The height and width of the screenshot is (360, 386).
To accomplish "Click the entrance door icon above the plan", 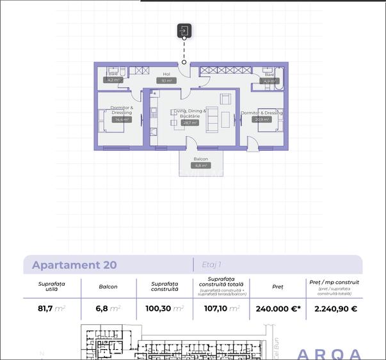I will coord(184,31).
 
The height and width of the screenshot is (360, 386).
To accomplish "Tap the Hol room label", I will coord(166,74).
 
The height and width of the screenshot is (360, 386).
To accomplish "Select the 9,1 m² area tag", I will coord(166,81).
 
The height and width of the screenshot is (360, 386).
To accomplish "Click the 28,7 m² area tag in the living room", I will coord(189,123).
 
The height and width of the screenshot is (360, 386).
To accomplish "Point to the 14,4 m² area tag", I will coord(121,120).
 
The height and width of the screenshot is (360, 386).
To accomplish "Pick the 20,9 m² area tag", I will coord(261,120).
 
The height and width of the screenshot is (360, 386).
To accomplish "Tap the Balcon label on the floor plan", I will coord(200,159).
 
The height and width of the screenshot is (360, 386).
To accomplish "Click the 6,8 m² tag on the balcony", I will coord(200,166).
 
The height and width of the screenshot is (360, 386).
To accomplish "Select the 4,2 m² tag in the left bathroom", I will coord(113,81).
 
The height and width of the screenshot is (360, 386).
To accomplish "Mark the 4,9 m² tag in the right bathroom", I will coord(269,81).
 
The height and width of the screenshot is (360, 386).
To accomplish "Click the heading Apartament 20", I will coord(74,265).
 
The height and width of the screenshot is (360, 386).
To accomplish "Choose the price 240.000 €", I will coord(278,308).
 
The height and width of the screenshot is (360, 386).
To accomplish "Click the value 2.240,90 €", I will coord(335,308).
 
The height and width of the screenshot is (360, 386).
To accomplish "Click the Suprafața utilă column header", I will coord(52,286).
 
